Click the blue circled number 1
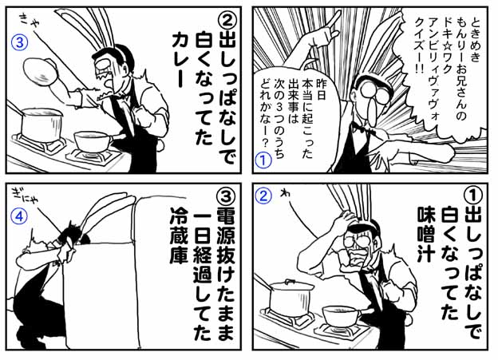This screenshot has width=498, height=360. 264,160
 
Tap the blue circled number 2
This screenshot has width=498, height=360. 264,196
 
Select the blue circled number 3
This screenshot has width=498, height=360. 19,42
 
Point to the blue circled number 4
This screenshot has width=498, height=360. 19,216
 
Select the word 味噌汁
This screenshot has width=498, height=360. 425,235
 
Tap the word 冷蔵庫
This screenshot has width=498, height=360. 180,236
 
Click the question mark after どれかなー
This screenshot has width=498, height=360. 264,143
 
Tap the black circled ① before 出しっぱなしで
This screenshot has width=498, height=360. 472,196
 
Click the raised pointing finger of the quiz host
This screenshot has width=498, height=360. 333,19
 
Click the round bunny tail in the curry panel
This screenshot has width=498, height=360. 160,144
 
